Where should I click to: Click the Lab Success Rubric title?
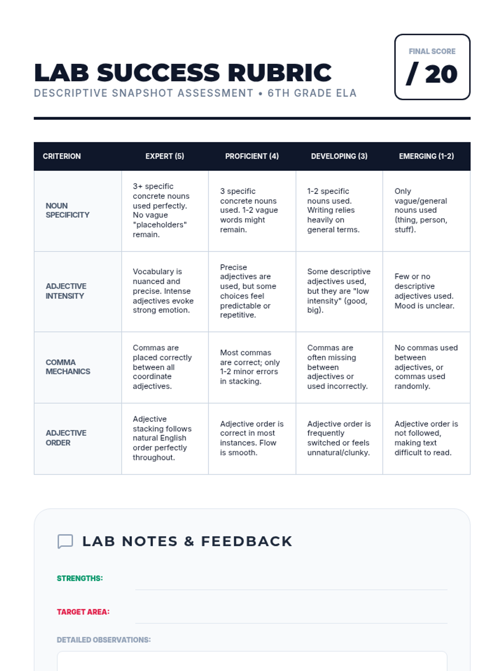[183, 73]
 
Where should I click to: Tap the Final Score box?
[432, 67]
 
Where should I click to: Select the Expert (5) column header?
[165, 156]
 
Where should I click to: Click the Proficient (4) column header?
[252, 156]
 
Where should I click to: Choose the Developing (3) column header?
[339, 156]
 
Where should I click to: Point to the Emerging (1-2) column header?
[426, 156]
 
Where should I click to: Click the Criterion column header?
[62, 156]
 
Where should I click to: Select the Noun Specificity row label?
[68, 210]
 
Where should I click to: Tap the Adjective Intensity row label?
[66, 291]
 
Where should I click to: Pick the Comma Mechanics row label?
[68, 367]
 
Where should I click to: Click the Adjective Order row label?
[66, 438]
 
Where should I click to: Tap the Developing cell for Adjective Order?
[339, 438]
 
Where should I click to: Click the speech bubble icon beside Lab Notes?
[65, 541]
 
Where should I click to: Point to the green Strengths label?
[80, 578]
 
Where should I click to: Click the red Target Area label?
[83, 612]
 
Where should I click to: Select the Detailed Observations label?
[104, 640]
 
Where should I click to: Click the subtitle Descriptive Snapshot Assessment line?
[195, 93]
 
